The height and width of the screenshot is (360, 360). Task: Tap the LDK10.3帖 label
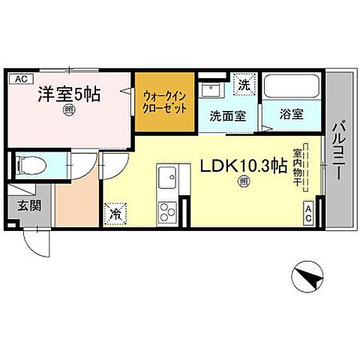[x=242, y=166]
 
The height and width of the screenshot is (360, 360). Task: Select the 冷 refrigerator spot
[x=116, y=213]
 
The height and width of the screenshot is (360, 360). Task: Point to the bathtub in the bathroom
[x=292, y=87]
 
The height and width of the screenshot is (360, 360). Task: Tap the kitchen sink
[x=166, y=178]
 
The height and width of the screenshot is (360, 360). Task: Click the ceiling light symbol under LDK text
[x=242, y=182]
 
